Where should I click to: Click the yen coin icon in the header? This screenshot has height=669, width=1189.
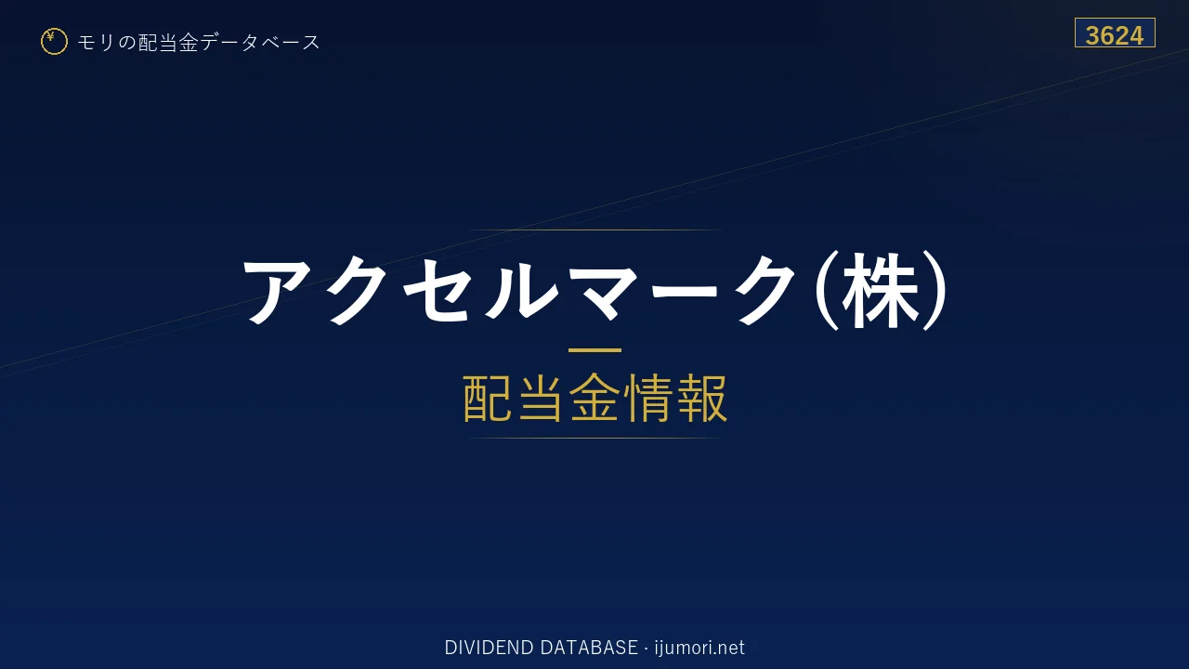point(54,42)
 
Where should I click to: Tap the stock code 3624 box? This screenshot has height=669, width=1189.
point(1115,33)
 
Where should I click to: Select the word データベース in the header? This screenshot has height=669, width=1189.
point(260,42)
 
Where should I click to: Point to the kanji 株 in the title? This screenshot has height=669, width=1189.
point(881,291)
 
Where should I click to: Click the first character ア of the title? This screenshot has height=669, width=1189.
point(278,291)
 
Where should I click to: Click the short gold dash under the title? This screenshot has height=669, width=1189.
point(594,350)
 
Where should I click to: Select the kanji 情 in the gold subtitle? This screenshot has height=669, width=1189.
point(647,399)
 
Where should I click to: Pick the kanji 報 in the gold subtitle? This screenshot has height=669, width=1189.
point(701,399)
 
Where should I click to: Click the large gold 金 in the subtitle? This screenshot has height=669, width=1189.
point(594,399)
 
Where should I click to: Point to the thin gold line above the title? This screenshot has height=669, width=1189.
point(594,230)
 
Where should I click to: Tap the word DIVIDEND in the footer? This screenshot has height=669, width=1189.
point(490,648)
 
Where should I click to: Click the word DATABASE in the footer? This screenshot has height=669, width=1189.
point(589,648)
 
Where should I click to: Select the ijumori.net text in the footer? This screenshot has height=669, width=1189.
point(699,648)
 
